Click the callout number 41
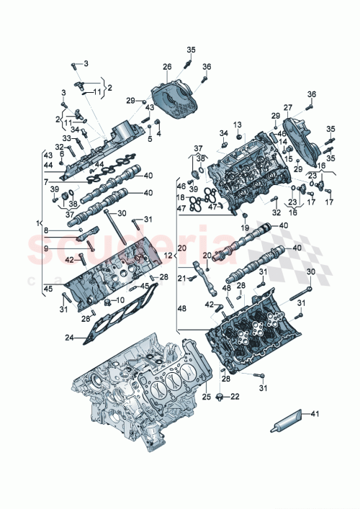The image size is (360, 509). click(x=314, y=414)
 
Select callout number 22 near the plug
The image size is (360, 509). click(x=235, y=397)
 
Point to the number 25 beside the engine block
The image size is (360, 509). click(x=204, y=397)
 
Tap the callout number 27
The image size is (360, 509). click(x=288, y=109)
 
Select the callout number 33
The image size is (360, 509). click(x=66, y=138)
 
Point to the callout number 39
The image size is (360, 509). click(x=53, y=189)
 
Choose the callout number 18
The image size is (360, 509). click(x=181, y=197)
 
